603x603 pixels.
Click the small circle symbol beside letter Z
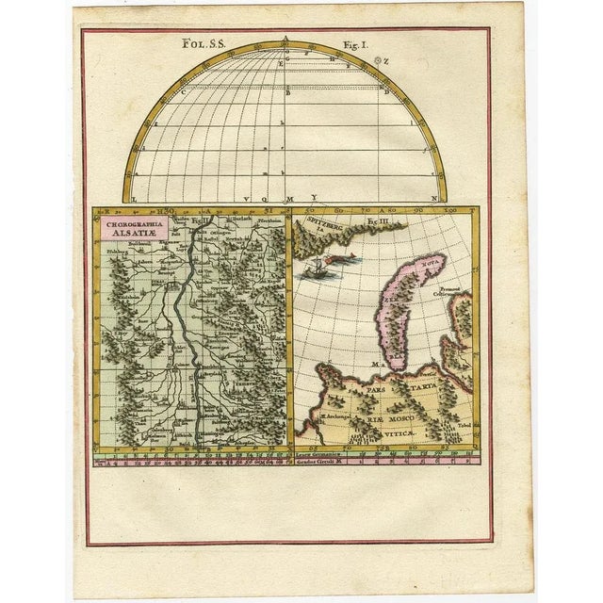point(377,60)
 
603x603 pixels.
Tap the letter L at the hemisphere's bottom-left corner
point(133,199)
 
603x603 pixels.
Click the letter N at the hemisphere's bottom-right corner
point(433,199)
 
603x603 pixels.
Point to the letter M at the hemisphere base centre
point(289,199)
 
